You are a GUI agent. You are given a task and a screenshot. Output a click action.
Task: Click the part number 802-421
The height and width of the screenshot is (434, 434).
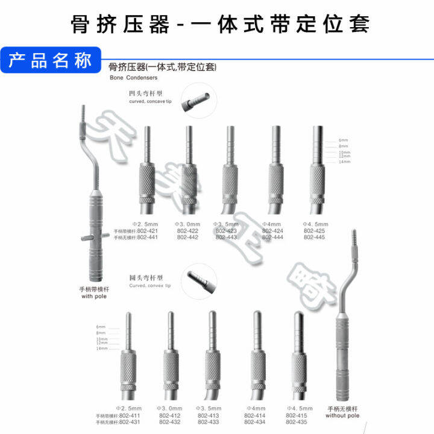(x=148, y=230)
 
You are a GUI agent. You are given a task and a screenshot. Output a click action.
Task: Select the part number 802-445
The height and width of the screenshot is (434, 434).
(x=314, y=237)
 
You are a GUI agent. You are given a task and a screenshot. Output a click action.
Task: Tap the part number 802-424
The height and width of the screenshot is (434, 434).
(x=273, y=230)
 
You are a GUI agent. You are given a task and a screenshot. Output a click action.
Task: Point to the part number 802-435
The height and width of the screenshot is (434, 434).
(x=297, y=421)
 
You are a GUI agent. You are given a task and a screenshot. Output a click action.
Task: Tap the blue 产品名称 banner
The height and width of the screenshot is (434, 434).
(x=50, y=61)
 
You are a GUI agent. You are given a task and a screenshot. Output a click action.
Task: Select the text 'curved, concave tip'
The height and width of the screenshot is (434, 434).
(x=150, y=102)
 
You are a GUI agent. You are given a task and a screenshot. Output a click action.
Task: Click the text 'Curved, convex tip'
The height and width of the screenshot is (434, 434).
(x=150, y=286)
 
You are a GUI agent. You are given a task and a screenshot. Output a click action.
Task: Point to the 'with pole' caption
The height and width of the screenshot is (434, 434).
(x=93, y=297)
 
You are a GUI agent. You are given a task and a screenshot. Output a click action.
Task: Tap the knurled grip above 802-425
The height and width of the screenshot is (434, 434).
(x=318, y=184)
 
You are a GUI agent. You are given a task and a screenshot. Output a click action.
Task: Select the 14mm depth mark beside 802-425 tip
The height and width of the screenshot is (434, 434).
(x=344, y=162)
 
